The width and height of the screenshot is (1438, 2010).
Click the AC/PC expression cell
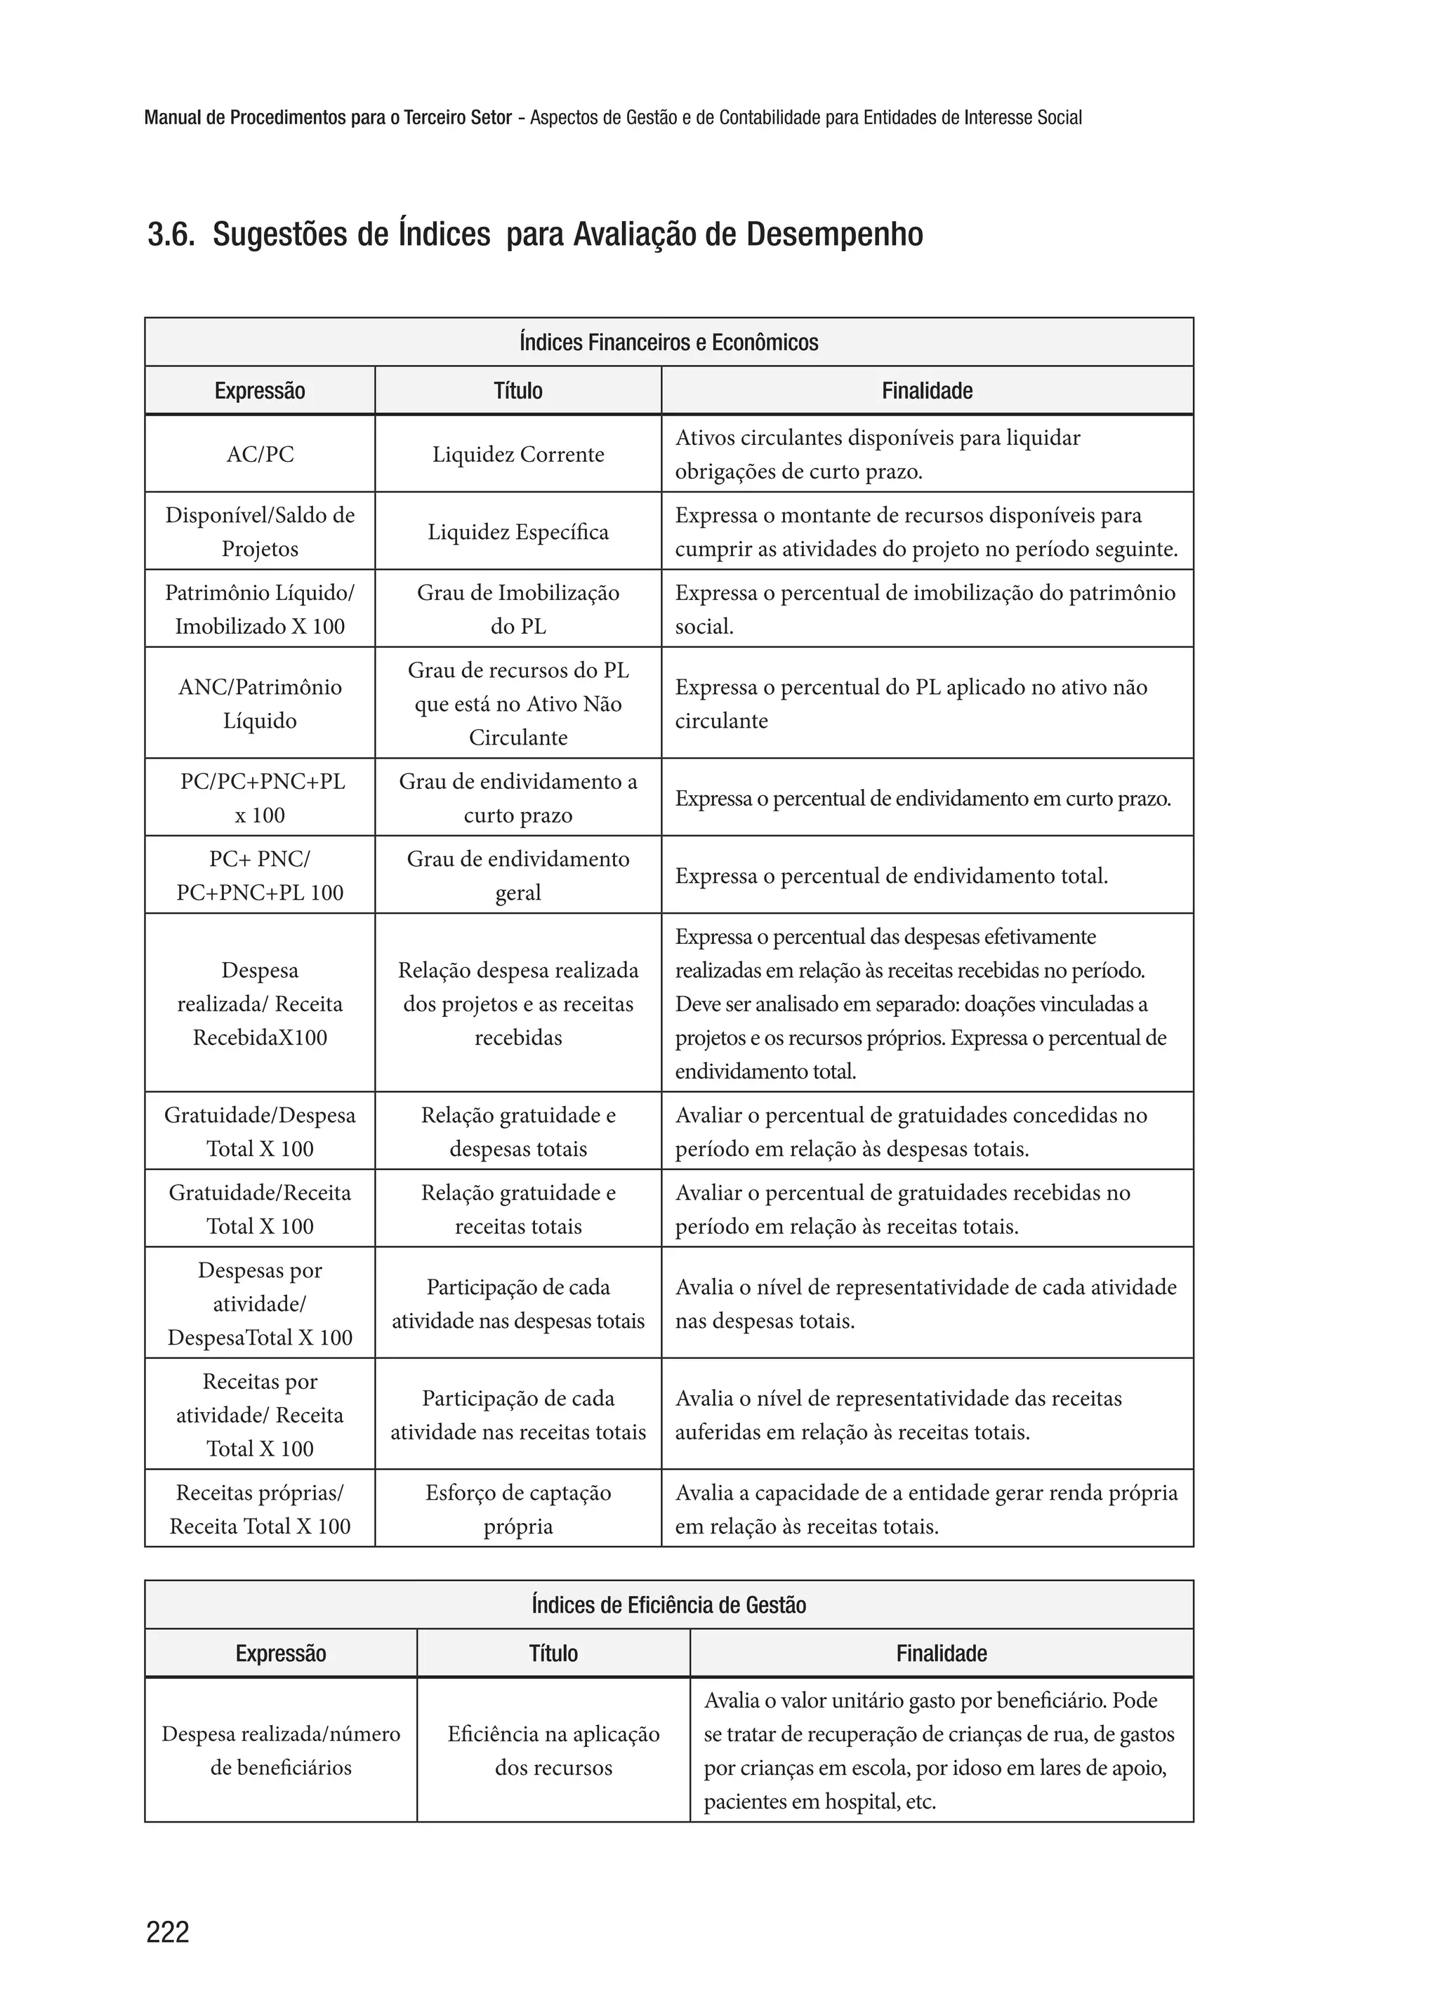coord(259,454)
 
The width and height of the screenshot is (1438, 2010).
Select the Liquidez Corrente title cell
coord(518,454)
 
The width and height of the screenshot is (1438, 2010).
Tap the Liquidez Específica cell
coord(518,532)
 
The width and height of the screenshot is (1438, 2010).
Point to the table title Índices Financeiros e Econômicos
coord(668,342)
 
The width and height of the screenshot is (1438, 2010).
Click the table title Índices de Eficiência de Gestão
coord(668,1604)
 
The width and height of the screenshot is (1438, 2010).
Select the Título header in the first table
coord(518,390)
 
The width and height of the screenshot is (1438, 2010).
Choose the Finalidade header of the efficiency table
coord(942,1653)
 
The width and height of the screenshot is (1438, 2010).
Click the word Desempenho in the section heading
coord(834,234)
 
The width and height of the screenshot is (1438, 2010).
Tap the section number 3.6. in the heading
coord(171,235)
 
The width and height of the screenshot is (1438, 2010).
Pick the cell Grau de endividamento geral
coord(518,875)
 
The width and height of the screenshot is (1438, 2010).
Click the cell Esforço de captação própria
coord(518,1509)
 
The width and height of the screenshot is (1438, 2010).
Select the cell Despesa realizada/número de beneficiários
coord(281,1750)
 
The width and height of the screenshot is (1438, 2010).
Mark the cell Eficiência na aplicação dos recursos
coord(553,1750)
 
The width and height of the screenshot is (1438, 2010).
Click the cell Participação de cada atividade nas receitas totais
coord(518,1414)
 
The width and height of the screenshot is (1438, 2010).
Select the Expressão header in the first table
coord(259,390)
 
